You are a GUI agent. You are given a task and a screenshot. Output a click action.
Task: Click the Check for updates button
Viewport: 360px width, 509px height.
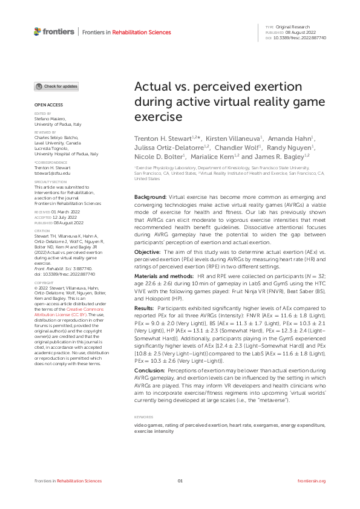pyautogui.click(x=56, y=86)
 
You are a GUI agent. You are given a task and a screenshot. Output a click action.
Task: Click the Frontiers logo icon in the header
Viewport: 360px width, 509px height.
pyautogui.click(x=38, y=31)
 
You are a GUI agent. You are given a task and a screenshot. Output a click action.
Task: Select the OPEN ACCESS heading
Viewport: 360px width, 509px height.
pyautogui.click(x=45, y=105)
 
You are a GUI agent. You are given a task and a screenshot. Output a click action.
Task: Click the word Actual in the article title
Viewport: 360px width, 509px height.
pyautogui.click(x=151, y=87)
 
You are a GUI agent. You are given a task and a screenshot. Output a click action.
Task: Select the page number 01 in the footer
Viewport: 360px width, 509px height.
pyautogui.click(x=180, y=481)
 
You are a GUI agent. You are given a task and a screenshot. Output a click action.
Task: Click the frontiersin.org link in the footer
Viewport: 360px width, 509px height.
pyautogui.click(x=312, y=481)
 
